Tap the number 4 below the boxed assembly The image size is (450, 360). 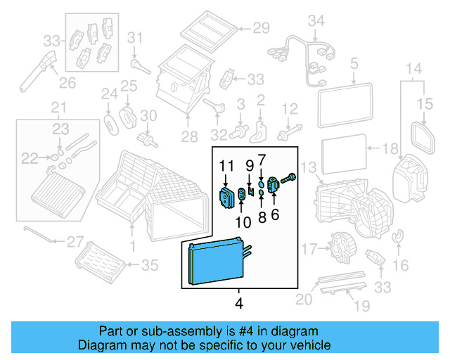pyautogui.click(x=238, y=304)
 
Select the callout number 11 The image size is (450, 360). pyautogui.click(x=225, y=166)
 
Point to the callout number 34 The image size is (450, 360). pyautogui.click(x=318, y=21)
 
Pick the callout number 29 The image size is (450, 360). pyautogui.click(x=261, y=28)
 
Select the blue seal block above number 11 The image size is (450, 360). pyautogui.click(x=226, y=198)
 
